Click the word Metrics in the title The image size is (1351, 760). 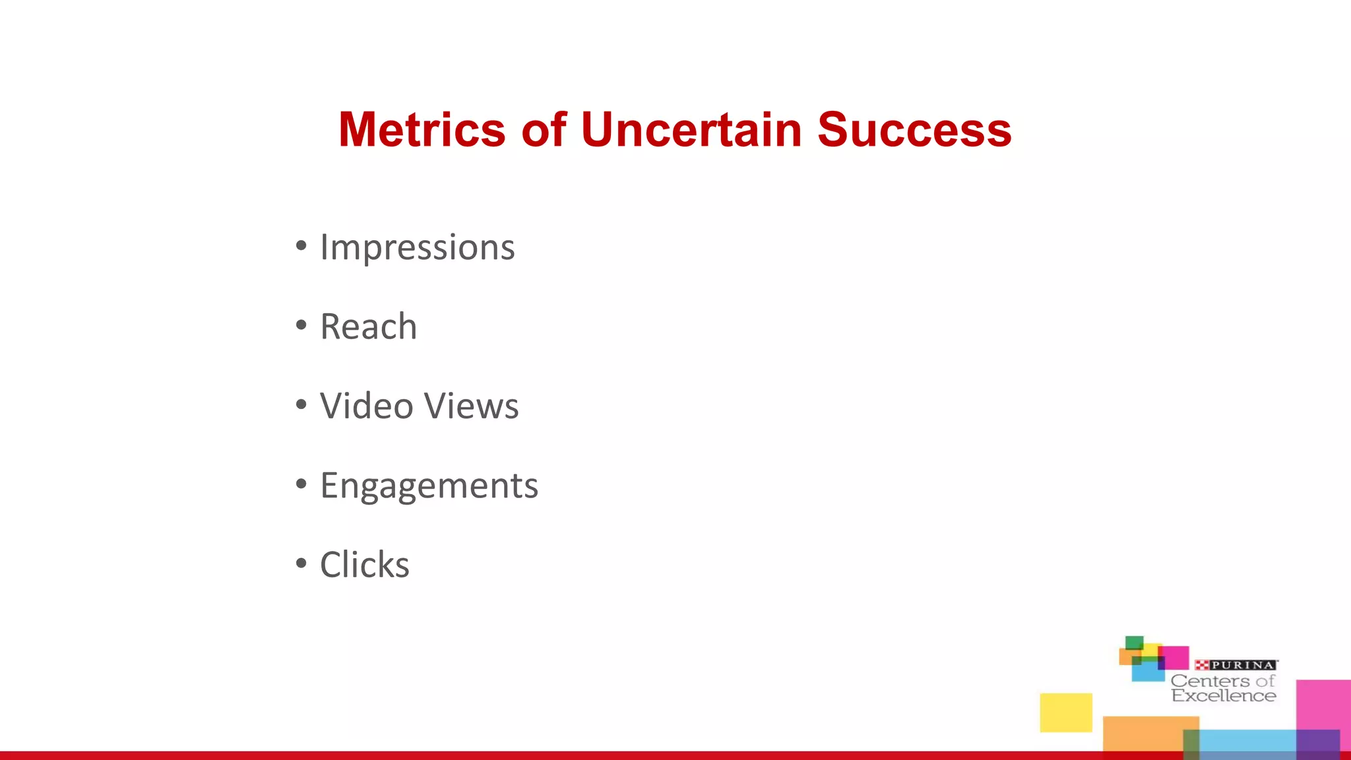[422, 129]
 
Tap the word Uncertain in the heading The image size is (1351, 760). [691, 129]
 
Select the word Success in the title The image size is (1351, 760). [914, 129]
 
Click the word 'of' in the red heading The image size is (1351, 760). [544, 129]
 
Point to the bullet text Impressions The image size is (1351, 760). [417, 248]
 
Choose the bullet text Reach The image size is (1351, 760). [368, 327]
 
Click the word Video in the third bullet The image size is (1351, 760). [366, 406]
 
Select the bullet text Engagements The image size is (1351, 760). [429, 486]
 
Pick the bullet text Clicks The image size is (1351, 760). [364, 565]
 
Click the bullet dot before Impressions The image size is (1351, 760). [301, 246]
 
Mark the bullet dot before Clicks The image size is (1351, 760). [301, 563]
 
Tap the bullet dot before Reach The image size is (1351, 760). [301, 325]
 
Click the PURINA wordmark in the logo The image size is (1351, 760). [1243, 665]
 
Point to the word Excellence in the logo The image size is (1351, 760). [1224, 696]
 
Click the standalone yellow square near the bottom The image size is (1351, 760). [1066, 712]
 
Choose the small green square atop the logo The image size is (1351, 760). [1134, 642]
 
